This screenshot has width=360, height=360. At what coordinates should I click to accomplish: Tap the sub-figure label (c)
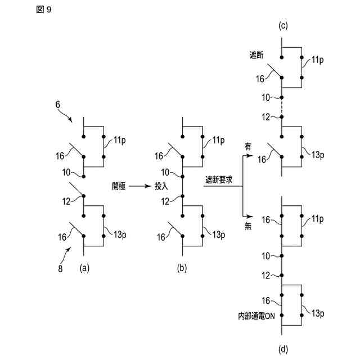coord(282,25)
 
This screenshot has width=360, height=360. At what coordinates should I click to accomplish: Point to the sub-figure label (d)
coord(282,349)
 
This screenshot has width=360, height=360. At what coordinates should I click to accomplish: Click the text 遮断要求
coord(219,180)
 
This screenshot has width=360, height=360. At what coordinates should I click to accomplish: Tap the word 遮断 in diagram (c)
coord(257,55)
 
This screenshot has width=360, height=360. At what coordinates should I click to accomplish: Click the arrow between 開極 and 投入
coord(141,185)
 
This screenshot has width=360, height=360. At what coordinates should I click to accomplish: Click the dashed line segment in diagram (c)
coord(282,107)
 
